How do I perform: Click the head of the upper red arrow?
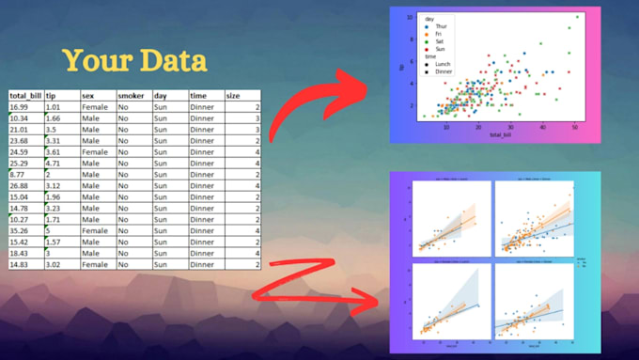(369, 93)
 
